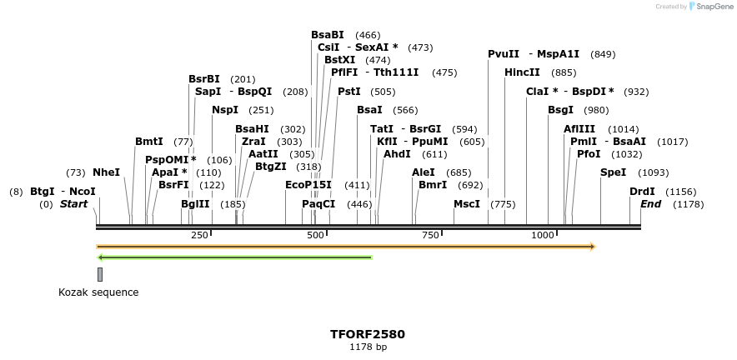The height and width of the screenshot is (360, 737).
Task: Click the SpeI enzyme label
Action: (x=613, y=172)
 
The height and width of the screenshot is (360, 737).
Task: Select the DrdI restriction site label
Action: (x=642, y=191)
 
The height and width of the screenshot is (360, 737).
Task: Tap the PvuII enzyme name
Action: (x=504, y=54)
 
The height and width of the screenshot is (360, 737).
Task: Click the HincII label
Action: (x=522, y=72)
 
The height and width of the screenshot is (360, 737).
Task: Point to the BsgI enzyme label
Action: (x=560, y=110)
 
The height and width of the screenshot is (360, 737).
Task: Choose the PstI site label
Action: (x=348, y=92)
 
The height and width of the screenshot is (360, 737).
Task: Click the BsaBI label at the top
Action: (x=328, y=35)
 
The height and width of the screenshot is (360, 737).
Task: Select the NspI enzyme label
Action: (x=225, y=110)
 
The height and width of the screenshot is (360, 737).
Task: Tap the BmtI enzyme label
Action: (x=149, y=142)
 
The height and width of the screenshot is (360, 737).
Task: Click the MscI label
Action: (x=467, y=204)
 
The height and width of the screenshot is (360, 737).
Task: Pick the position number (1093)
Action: (x=653, y=172)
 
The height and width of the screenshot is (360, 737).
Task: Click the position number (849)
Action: (x=603, y=54)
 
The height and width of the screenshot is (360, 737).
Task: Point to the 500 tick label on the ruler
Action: (x=315, y=236)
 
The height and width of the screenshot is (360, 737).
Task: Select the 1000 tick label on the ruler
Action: (x=543, y=236)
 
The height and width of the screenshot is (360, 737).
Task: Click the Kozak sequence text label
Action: (x=98, y=292)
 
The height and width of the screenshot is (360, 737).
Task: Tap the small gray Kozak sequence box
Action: (x=100, y=274)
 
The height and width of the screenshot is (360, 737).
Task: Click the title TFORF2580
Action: (x=368, y=334)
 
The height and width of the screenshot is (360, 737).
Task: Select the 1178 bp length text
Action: (x=368, y=347)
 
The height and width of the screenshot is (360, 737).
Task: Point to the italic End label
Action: (x=650, y=204)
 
